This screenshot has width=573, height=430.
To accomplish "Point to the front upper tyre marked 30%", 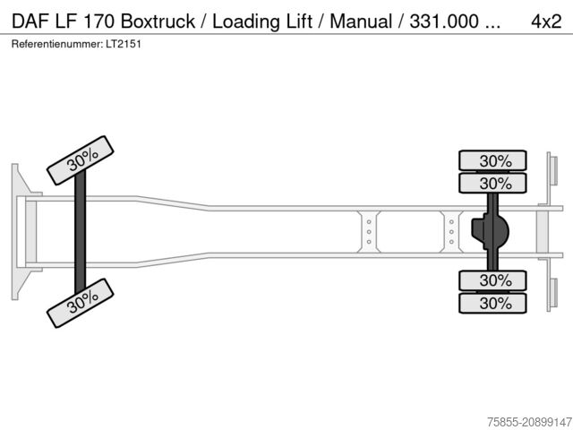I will [82, 159].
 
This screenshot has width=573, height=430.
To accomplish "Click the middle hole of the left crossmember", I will [369, 231].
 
